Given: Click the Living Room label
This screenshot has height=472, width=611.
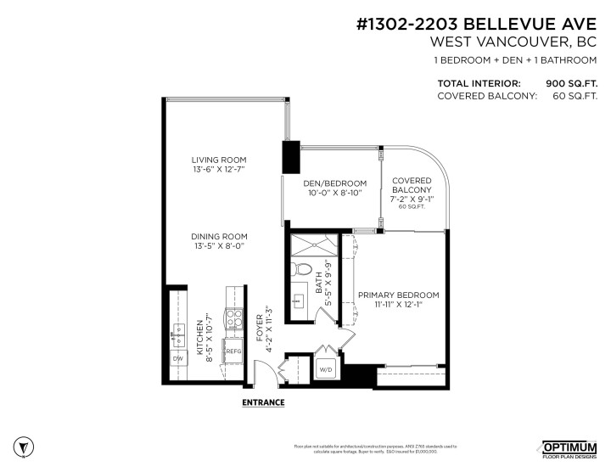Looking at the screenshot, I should (x=218, y=165).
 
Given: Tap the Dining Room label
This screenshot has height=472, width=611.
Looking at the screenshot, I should (x=218, y=241).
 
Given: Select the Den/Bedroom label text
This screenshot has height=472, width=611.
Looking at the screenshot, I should (x=334, y=188).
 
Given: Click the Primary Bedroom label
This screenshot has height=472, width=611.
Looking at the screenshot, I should (x=398, y=300).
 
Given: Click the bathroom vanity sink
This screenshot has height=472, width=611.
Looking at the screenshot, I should (x=299, y=301).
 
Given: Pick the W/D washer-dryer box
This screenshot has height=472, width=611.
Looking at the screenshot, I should (x=325, y=370).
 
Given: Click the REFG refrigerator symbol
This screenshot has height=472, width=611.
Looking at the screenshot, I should (x=233, y=350).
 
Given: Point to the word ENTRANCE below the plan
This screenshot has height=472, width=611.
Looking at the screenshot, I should (x=263, y=402).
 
